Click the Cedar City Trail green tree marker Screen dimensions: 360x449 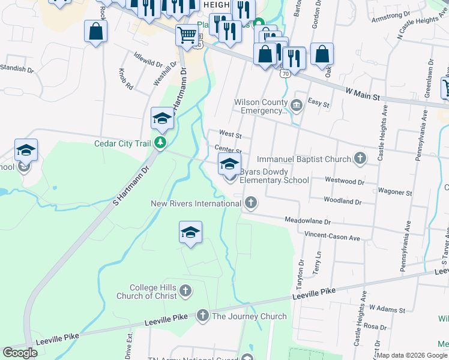tap(160, 143)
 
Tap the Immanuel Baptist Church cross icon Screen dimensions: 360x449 tap(360, 159)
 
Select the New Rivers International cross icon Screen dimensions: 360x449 tap(251, 203)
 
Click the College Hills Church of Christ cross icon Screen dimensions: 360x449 tap(186, 292)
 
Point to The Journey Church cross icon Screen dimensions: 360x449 tap(203, 316)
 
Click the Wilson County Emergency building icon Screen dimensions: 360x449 tap(297, 106)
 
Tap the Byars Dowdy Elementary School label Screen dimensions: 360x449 tap(274, 176)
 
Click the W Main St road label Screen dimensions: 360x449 tap(364, 94)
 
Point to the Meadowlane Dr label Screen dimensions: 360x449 tap(307, 221)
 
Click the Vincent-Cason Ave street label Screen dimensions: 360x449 tap(332, 236)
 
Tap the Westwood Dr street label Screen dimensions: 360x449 tap(345, 181)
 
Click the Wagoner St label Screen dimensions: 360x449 tap(395, 193)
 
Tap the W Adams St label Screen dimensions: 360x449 tap(388, 308)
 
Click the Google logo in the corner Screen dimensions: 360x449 tap(20, 353)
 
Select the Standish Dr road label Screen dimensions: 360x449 tap(16, 68)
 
